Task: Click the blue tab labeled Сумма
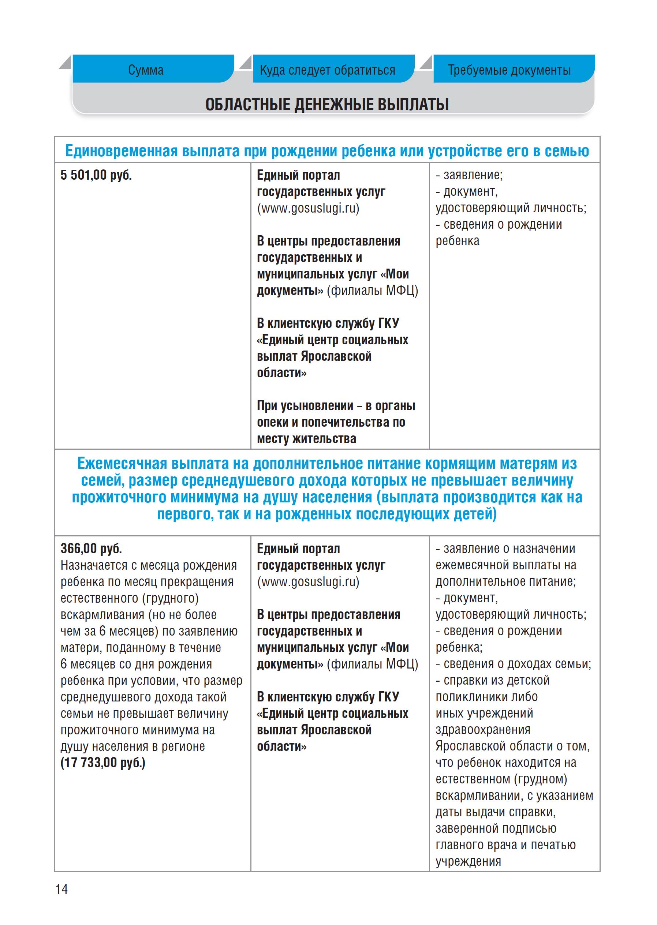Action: (146, 70)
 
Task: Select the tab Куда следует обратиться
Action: (327, 70)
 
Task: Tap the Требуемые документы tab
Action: (509, 70)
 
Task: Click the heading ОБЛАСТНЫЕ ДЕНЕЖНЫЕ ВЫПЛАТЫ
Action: (327, 104)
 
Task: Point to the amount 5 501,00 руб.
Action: (96, 175)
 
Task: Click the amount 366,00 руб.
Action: (91, 548)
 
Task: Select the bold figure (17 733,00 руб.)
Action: (103, 763)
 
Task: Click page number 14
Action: (61, 889)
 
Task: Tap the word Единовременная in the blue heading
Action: (122, 151)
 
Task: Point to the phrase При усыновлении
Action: (305, 406)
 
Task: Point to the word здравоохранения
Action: (483, 730)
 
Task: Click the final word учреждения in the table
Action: (468, 861)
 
